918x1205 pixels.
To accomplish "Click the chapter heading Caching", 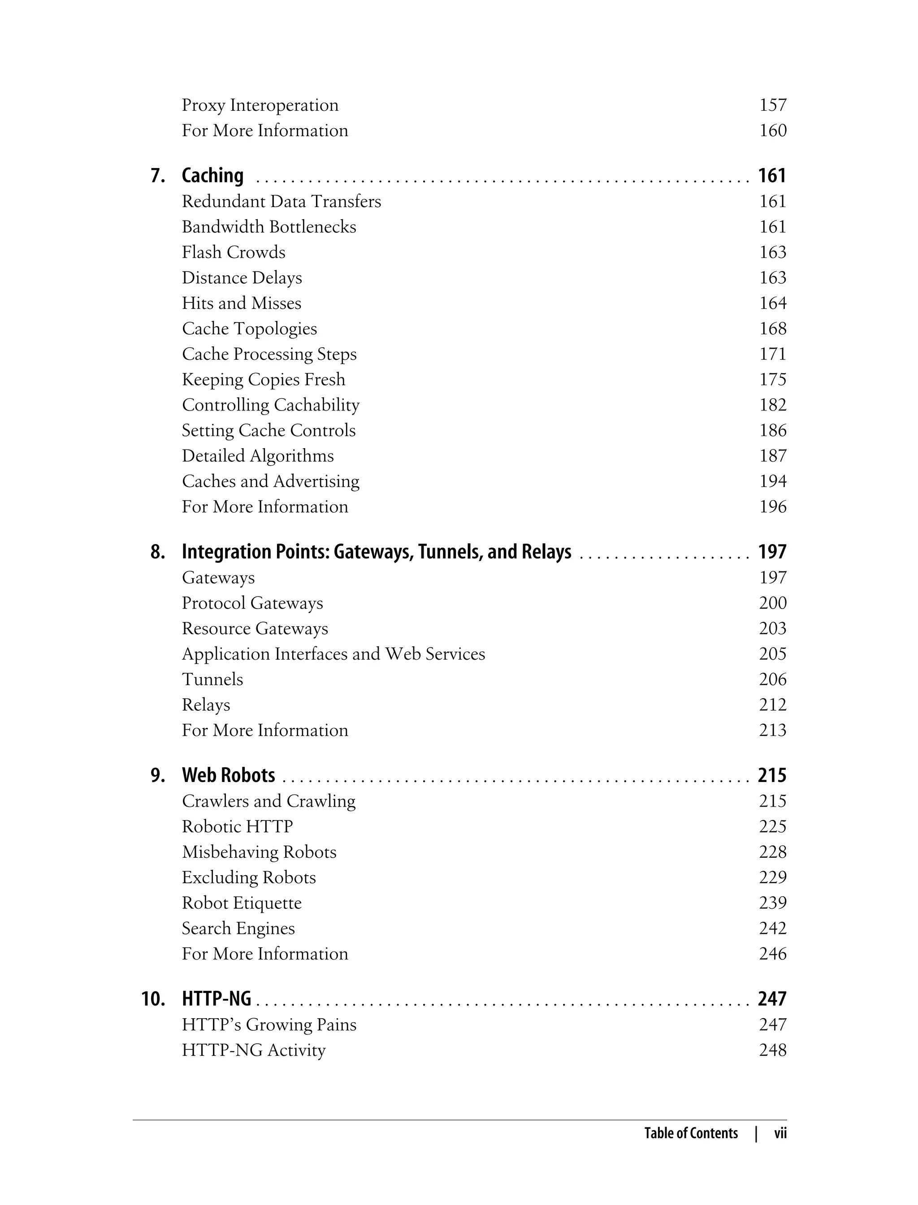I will pos(212,176).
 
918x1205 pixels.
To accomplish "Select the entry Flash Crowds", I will pos(234,252).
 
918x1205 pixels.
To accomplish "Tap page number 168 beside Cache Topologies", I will pos(773,329).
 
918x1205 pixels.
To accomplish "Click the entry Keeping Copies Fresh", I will pos(264,380).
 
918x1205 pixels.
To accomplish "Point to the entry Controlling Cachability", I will pos(270,405).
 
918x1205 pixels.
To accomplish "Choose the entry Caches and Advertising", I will pos(270,481).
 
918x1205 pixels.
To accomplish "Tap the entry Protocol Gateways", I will pos(252,603).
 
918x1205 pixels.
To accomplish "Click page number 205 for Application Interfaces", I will pos(773,654).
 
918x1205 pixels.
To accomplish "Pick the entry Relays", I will pos(206,704).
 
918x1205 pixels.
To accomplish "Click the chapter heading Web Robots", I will pos(229,776).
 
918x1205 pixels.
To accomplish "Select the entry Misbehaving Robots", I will pos(259,852).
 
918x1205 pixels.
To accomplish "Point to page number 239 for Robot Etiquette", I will pos(773,903).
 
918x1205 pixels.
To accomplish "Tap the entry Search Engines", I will pos(238,929).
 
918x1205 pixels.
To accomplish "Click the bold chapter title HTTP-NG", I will pos(217,999).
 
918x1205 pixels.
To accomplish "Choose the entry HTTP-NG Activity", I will pos(254,1050).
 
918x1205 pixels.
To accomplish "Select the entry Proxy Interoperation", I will pos(260,105).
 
